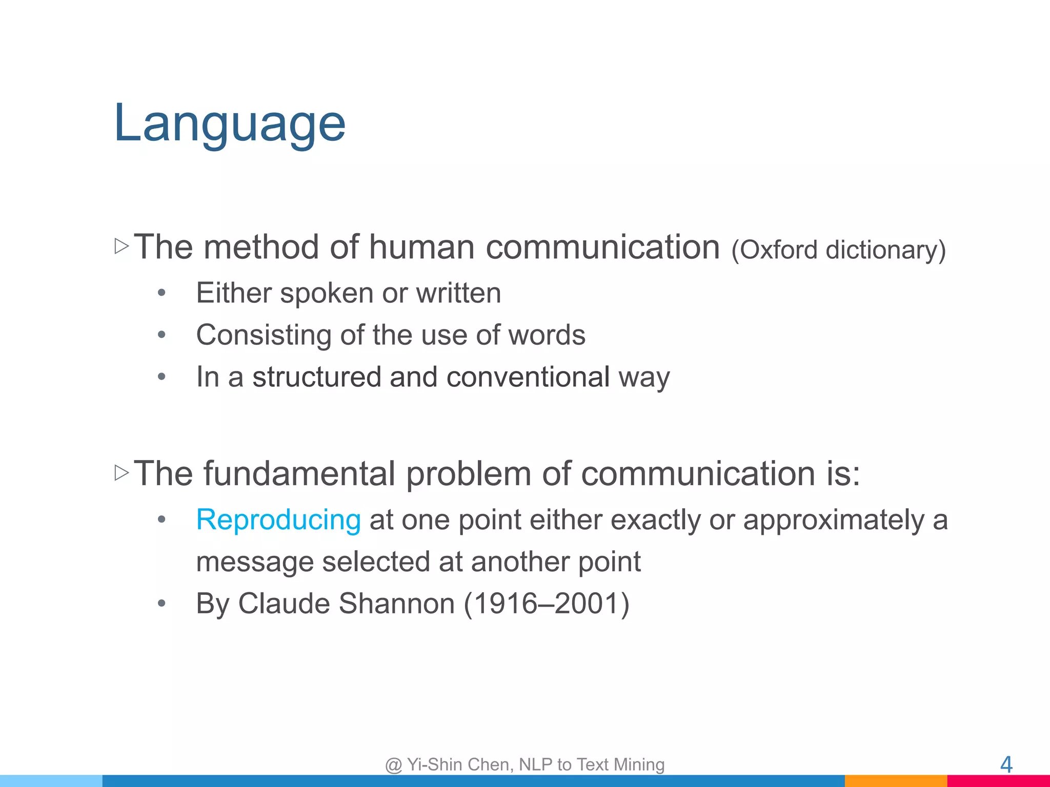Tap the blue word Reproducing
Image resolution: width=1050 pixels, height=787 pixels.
click(x=278, y=520)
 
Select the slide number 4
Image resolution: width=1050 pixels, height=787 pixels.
click(x=1006, y=764)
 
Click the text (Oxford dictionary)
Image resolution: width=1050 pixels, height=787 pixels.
click(x=838, y=250)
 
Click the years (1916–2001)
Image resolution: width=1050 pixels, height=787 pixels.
click(x=546, y=604)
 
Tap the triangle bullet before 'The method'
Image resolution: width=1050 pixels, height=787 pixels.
click(x=122, y=246)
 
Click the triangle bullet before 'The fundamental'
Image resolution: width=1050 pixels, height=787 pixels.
click(x=122, y=472)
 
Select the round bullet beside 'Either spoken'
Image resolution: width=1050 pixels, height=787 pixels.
click(x=161, y=293)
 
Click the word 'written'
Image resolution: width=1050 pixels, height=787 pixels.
click(x=458, y=293)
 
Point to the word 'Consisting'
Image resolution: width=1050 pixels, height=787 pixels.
click(x=264, y=336)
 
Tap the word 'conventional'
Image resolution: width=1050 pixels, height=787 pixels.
click(x=528, y=377)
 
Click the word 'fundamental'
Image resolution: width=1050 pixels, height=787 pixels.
click(x=299, y=473)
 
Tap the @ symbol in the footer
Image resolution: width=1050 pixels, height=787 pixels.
click(x=393, y=765)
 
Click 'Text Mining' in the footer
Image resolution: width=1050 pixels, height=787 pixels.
click(x=620, y=764)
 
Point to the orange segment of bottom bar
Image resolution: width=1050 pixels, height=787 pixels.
click(x=895, y=781)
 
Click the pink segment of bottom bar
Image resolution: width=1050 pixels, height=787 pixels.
click(x=998, y=781)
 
